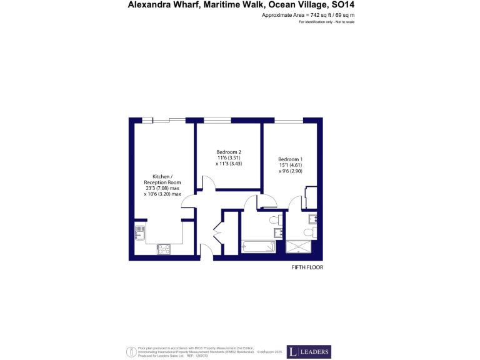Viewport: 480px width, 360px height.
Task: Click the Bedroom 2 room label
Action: (229, 152)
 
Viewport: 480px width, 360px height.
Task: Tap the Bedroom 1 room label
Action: (290, 159)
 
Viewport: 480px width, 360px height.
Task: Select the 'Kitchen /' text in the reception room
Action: (162, 176)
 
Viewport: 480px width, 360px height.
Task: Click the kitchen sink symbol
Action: (141, 233)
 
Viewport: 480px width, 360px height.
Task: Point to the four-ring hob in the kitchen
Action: (164, 249)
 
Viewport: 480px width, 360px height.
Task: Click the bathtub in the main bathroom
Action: (258, 246)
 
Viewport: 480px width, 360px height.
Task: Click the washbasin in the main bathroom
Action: (279, 233)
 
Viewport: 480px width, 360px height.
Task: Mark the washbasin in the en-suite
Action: (313, 218)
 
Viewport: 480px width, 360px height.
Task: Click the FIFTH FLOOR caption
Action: (307, 267)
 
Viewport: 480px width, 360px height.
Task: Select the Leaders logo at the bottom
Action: (309, 352)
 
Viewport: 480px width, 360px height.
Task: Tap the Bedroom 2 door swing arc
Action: (207, 182)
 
